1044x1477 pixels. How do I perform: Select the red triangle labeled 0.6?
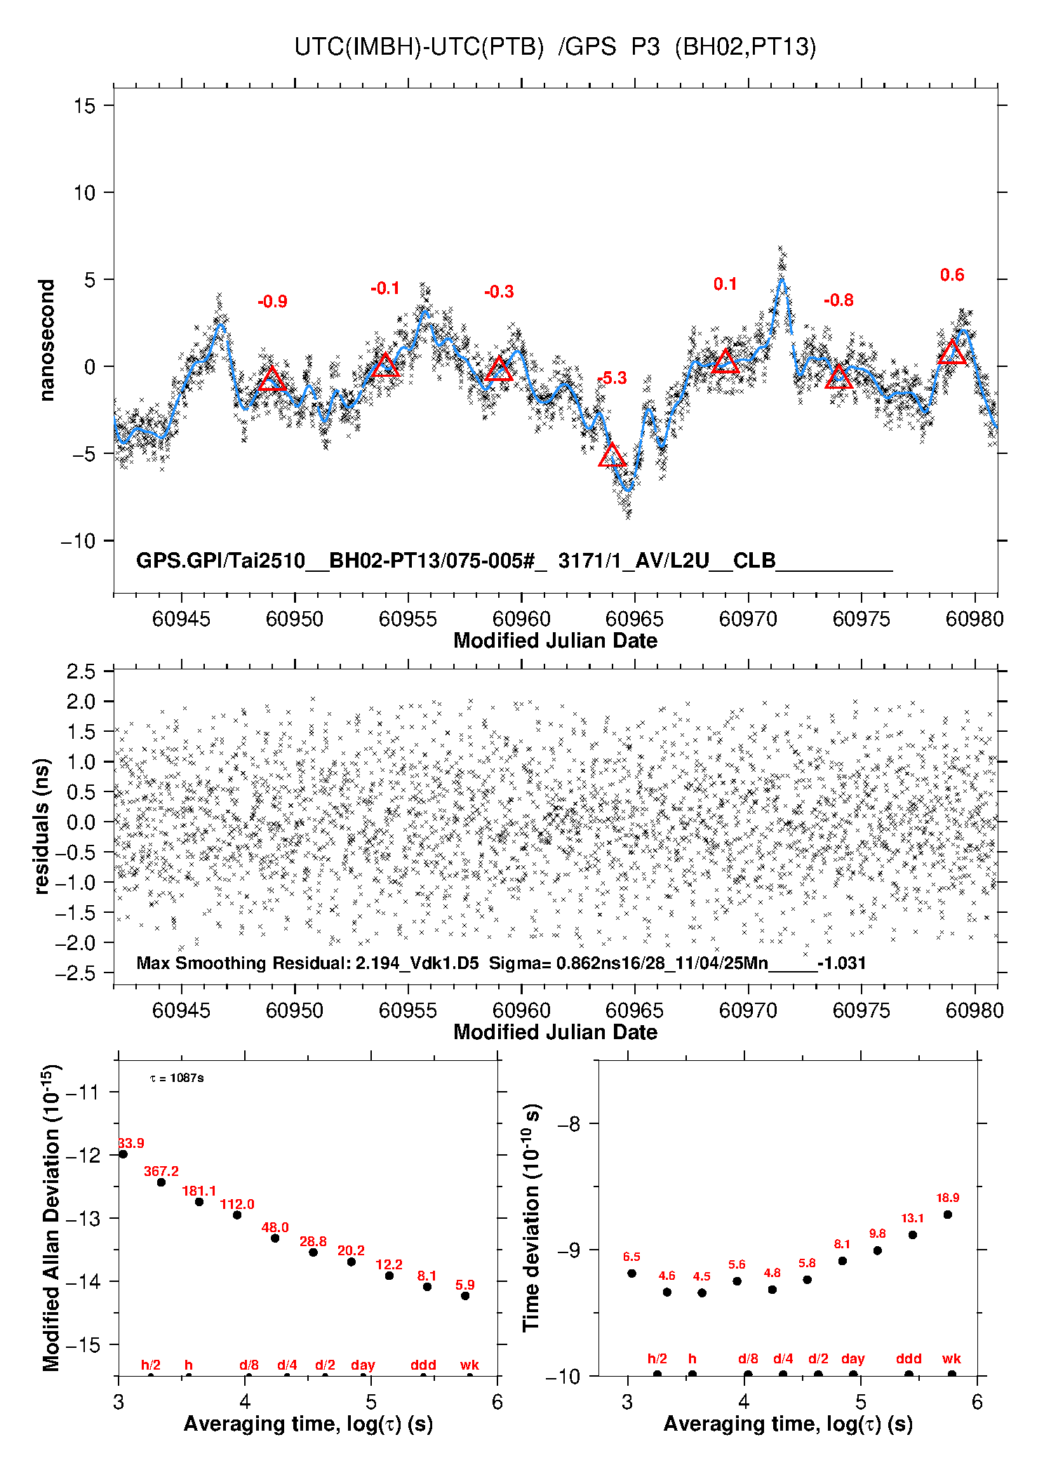(x=952, y=352)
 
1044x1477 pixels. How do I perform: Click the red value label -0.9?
(x=272, y=302)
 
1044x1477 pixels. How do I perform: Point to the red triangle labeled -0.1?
(x=385, y=366)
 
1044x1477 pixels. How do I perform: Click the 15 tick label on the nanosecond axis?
(x=84, y=106)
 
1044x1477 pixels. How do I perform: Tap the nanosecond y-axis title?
(x=47, y=340)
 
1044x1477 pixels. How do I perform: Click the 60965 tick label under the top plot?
(x=634, y=619)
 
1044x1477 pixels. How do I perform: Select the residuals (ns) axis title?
(x=42, y=826)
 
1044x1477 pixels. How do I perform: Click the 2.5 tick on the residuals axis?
(x=81, y=671)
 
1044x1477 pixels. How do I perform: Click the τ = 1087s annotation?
(x=177, y=1078)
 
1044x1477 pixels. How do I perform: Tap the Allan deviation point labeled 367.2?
(x=161, y=1182)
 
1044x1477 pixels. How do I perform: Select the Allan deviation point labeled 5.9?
(x=465, y=1296)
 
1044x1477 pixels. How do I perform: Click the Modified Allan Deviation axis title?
(x=51, y=1218)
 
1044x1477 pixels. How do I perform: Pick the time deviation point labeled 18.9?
(x=948, y=1215)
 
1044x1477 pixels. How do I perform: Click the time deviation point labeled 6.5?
(x=631, y=1274)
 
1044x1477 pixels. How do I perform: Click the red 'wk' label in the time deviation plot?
(x=951, y=1359)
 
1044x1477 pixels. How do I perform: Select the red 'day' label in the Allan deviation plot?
(x=363, y=1365)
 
